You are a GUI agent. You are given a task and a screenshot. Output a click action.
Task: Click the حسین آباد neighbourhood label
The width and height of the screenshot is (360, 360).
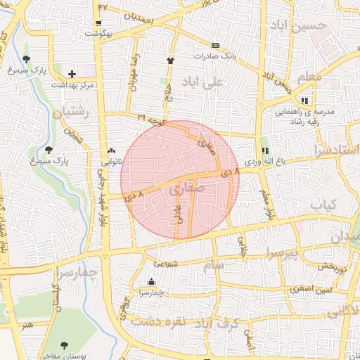click(x=303, y=25)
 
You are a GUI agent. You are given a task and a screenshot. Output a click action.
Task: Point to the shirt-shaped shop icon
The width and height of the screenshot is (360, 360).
click(x=170, y=60)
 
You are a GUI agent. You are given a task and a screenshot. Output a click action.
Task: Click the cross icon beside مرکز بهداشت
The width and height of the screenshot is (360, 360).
click(x=72, y=73)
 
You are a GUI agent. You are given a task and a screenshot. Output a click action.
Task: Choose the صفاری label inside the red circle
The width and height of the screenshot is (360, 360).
click(x=186, y=188)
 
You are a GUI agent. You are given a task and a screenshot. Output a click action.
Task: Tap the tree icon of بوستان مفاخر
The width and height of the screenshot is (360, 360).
click(x=65, y=345)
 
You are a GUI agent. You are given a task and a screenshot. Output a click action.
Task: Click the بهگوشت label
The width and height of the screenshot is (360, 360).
click(x=98, y=33)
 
